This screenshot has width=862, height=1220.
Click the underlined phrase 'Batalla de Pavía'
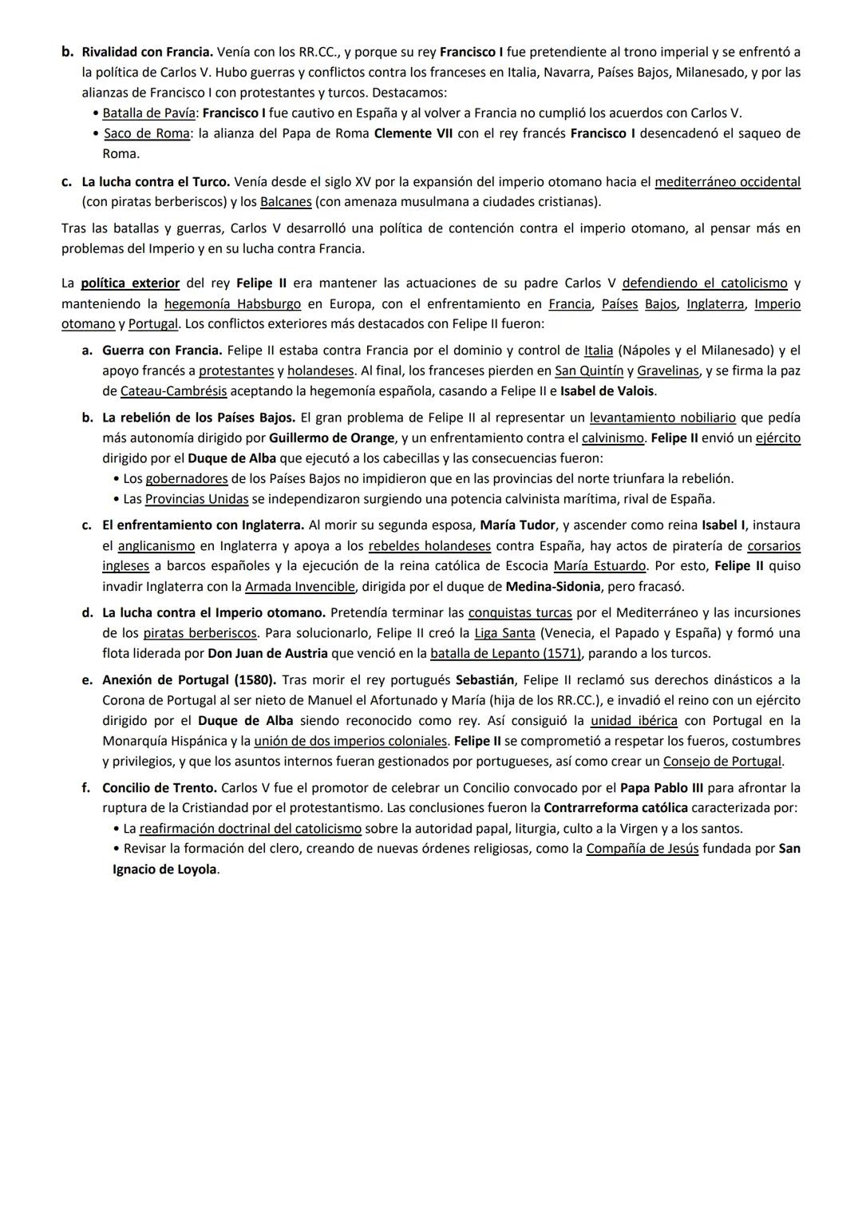148,113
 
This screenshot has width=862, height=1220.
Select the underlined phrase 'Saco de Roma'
147,133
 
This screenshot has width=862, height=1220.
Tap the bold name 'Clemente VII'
412,133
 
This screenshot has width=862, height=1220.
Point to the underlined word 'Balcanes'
286,202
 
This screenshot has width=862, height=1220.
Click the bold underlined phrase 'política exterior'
130,283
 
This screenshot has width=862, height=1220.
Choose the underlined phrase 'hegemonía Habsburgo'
232,304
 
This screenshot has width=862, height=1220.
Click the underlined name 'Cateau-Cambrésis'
173,391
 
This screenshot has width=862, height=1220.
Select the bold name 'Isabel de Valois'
607,391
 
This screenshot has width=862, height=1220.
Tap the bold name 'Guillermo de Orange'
332,438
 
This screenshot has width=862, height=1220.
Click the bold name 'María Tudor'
517,525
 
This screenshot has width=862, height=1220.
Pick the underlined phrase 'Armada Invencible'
299,587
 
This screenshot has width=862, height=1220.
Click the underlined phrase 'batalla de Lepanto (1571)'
506,654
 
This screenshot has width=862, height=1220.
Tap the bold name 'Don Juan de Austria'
267,654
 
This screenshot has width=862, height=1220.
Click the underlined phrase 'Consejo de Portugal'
722,762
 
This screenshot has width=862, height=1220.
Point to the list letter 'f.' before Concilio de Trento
86,788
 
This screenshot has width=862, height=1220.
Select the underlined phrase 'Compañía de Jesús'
642,849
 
